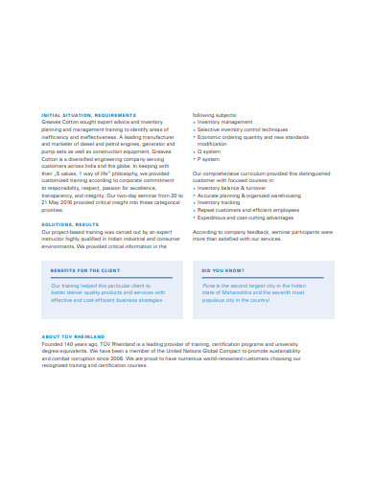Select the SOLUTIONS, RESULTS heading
coord(70,224)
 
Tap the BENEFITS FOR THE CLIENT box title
coord(85,271)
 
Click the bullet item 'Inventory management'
coord(226,121)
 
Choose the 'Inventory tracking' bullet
coord(220,202)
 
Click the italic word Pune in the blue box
coord(208,286)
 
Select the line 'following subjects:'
coord(213,114)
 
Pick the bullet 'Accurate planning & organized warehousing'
coord(250,196)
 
